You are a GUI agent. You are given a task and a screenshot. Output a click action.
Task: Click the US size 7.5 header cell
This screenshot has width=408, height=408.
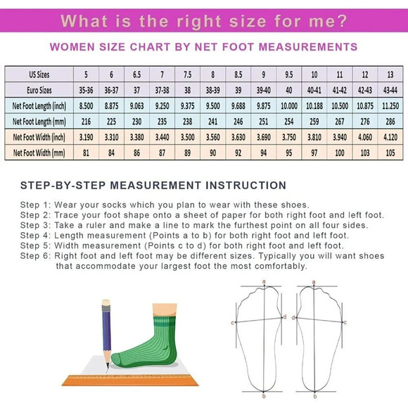pyautogui.click(x=187, y=75)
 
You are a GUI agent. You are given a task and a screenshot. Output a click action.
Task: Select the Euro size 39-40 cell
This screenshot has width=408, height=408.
pyautogui.click(x=264, y=90)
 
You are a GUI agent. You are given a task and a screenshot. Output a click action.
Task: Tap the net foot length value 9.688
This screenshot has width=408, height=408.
pyautogui.click(x=238, y=106)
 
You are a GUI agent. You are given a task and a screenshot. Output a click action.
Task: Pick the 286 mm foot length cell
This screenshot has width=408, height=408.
pyautogui.click(x=390, y=122)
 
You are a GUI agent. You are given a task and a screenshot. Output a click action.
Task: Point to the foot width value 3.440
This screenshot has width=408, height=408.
pyautogui.click(x=162, y=137)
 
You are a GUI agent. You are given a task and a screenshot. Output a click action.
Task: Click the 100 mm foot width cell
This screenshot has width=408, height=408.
pyautogui.click(x=340, y=153)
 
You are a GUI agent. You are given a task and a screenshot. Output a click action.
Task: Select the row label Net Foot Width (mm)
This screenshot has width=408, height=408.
pyautogui.click(x=39, y=153)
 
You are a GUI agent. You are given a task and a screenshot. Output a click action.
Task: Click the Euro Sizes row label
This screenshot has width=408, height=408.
pyautogui.click(x=39, y=90)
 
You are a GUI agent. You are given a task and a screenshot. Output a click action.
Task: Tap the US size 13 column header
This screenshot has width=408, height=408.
pyautogui.click(x=390, y=75)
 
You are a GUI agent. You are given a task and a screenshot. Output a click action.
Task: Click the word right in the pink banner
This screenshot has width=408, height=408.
pyautogui.click(x=199, y=21)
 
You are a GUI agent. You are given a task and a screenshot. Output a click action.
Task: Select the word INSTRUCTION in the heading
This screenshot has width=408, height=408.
pyautogui.click(x=246, y=186)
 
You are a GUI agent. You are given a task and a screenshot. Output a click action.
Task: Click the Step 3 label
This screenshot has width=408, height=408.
pyautogui.click(x=36, y=225)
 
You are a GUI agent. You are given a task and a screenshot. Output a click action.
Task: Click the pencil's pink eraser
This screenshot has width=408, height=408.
pyautogui.click(x=106, y=302)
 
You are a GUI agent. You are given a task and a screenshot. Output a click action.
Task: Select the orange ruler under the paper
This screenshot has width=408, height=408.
pyautogui.click(x=130, y=381)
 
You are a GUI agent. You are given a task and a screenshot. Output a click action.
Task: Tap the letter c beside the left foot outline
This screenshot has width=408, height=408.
pyautogui.click(x=233, y=323)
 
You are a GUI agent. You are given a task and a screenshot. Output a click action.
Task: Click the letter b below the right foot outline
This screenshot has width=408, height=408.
pyautogui.click(x=315, y=397)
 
